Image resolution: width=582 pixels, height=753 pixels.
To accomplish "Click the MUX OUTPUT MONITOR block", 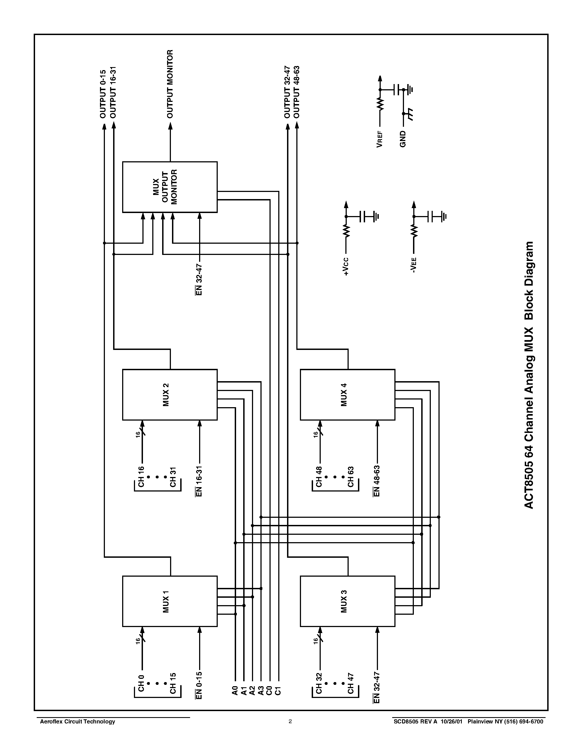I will click(x=170, y=187).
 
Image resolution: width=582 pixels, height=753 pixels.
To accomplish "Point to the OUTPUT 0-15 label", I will click(x=103, y=93).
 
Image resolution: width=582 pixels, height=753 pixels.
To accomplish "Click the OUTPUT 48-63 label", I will click(x=297, y=92).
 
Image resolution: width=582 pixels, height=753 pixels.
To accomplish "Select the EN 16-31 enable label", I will click(x=199, y=481).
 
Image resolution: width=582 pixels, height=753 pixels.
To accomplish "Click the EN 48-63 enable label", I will click(x=377, y=481).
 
